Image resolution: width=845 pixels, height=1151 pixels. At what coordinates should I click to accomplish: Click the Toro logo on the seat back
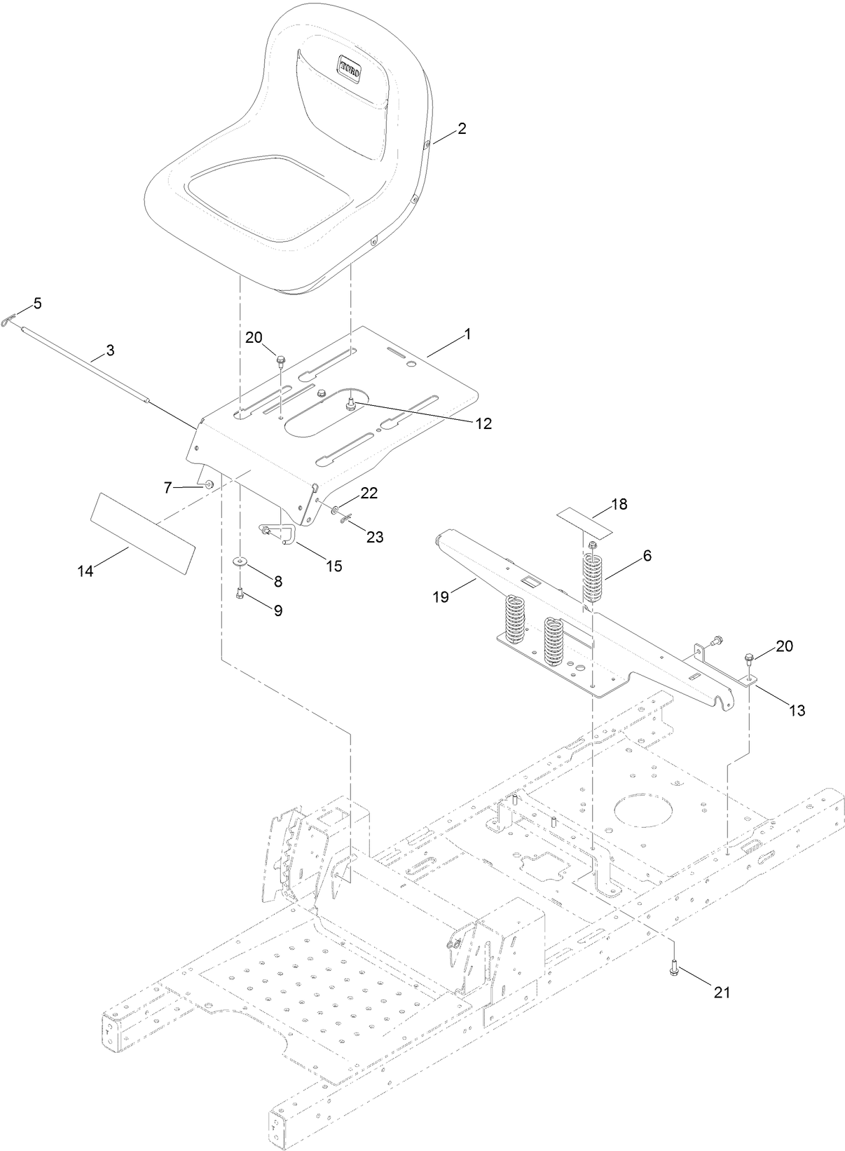pyautogui.click(x=350, y=67)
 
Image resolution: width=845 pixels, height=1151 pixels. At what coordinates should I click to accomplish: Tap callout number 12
pyautogui.click(x=481, y=423)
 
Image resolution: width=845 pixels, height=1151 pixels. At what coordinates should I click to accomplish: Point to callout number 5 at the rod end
pyautogui.click(x=36, y=303)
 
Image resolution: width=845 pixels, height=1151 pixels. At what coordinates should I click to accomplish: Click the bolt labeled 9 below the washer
pyautogui.click(x=240, y=593)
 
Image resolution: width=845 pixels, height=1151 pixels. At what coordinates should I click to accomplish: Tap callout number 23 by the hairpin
pyautogui.click(x=375, y=537)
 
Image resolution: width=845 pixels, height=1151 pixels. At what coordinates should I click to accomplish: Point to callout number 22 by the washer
pyautogui.click(x=369, y=493)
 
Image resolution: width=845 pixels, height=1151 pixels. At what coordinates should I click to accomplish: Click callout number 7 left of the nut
pyautogui.click(x=167, y=487)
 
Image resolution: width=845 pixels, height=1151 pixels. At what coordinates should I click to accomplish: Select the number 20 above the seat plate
pyautogui.click(x=254, y=337)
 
